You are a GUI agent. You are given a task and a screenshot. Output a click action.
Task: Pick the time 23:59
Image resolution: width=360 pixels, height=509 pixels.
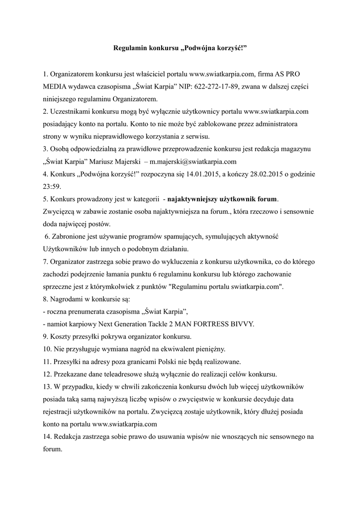(53, 187)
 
